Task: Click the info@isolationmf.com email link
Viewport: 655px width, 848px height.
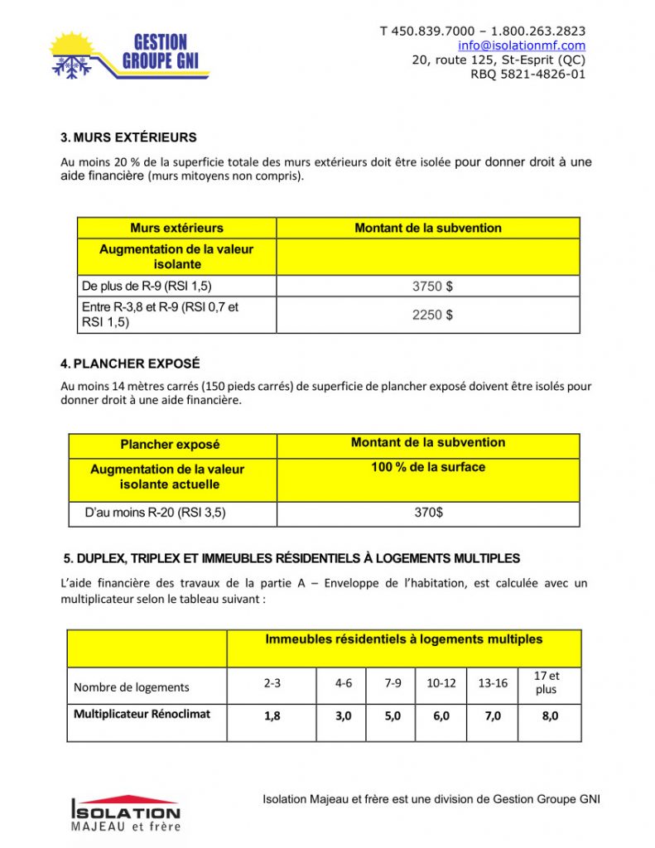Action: [x=522, y=46]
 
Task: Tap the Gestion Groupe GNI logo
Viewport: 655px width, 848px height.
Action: [x=129, y=56]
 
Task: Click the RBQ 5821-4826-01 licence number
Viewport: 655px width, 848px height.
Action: [x=527, y=74]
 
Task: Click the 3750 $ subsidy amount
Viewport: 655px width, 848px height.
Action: [x=432, y=287]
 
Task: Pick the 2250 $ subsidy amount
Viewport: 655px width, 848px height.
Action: [x=432, y=315]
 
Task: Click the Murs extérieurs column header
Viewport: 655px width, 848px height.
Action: [x=176, y=228]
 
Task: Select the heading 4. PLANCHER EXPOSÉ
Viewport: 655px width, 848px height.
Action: [x=130, y=364]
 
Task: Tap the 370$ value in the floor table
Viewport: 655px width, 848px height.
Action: [x=428, y=513]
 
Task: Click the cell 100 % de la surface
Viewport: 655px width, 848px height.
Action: [x=428, y=467]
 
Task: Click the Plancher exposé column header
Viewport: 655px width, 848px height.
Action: [x=170, y=445]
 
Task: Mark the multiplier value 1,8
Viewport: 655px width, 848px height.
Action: [x=272, y=716]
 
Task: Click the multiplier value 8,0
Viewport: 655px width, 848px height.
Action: [x=550, y=716]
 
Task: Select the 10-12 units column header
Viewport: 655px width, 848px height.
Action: [x=441, y=683]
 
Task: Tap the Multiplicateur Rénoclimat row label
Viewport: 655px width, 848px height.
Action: [x=142, y=714]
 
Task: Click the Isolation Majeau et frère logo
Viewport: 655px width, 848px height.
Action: [x=126, y=814]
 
